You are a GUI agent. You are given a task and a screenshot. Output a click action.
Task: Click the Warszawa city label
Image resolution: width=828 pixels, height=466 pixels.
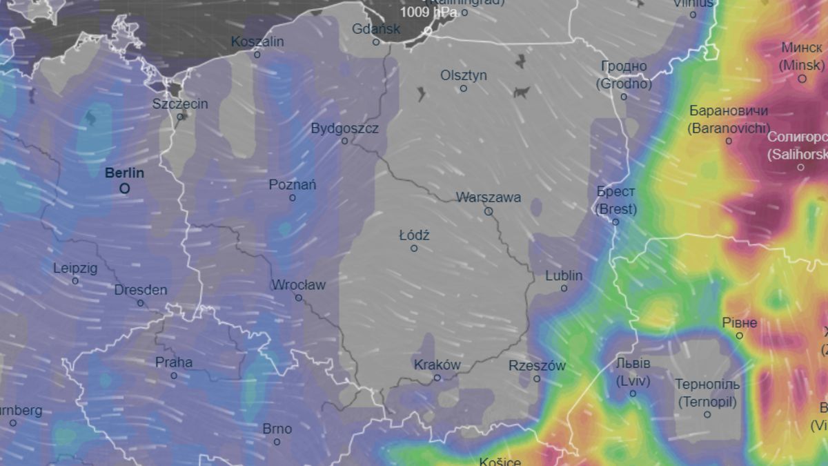(x=488, y=197)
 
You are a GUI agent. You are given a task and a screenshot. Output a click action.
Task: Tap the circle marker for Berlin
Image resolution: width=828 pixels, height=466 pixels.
(x=124, y=188)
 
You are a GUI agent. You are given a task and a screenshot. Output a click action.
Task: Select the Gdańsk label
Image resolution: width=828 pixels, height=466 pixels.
(x=376, y=29)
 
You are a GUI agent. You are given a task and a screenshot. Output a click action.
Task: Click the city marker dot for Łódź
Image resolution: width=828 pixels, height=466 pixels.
(x=414, y=248)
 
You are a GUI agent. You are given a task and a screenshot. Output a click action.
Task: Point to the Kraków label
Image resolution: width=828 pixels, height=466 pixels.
(x=437, y=365)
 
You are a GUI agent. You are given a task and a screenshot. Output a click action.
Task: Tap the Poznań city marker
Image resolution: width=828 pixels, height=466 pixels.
(x=293, y=197)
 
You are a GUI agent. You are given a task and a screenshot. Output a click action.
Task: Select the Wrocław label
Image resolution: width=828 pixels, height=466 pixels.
(x=298, y=284)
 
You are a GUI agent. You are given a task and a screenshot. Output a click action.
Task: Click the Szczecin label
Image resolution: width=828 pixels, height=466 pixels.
(x=180, y=104)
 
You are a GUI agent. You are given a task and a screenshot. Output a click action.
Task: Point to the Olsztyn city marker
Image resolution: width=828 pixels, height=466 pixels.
(x=464, y=88)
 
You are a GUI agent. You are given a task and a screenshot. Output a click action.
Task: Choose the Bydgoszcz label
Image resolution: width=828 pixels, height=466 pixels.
(x=344, y=128)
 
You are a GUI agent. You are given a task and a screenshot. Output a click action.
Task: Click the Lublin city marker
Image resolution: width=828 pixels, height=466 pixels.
(x=564, y=288)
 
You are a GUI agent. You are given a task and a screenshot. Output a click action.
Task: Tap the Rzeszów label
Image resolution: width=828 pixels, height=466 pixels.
(x=537, y=366)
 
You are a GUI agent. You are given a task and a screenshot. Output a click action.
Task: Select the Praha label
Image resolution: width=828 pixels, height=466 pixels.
(x=174, y=362)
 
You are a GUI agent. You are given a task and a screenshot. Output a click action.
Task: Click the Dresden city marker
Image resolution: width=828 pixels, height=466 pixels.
(x=141, y=303)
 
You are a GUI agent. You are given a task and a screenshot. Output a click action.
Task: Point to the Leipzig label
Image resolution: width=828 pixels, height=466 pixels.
(x=75, y=268)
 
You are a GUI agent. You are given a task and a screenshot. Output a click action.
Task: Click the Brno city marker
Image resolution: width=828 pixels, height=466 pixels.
(x=277, y=442)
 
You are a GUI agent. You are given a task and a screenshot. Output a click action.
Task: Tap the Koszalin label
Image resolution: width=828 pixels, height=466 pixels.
(x=257, y=41)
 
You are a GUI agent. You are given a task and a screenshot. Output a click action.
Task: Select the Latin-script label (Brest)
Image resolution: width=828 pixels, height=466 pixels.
(x=616, y=209)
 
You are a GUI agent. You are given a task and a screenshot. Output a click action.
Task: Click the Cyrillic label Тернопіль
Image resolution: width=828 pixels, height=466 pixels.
(x=707, y=385)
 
